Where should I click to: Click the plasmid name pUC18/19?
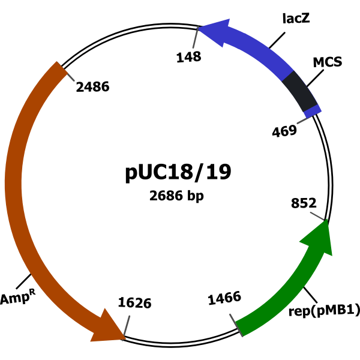[x=178, y=173]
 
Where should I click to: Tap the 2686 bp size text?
[x=177, y=196]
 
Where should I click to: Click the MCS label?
[x=328, y=62]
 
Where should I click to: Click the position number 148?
[x=188, y=57]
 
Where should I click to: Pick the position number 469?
[x=284, y=131]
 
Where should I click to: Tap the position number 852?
[x=303, y=203]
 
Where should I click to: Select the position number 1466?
[x=224, y=297]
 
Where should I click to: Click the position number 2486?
[x=92, y=87]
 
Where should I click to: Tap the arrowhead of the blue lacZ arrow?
[x=213, y=31]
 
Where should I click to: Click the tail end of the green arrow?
[x=241, y=326]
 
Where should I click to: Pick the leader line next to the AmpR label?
[x=25, y=280]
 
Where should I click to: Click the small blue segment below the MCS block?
[x=312, y=111]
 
